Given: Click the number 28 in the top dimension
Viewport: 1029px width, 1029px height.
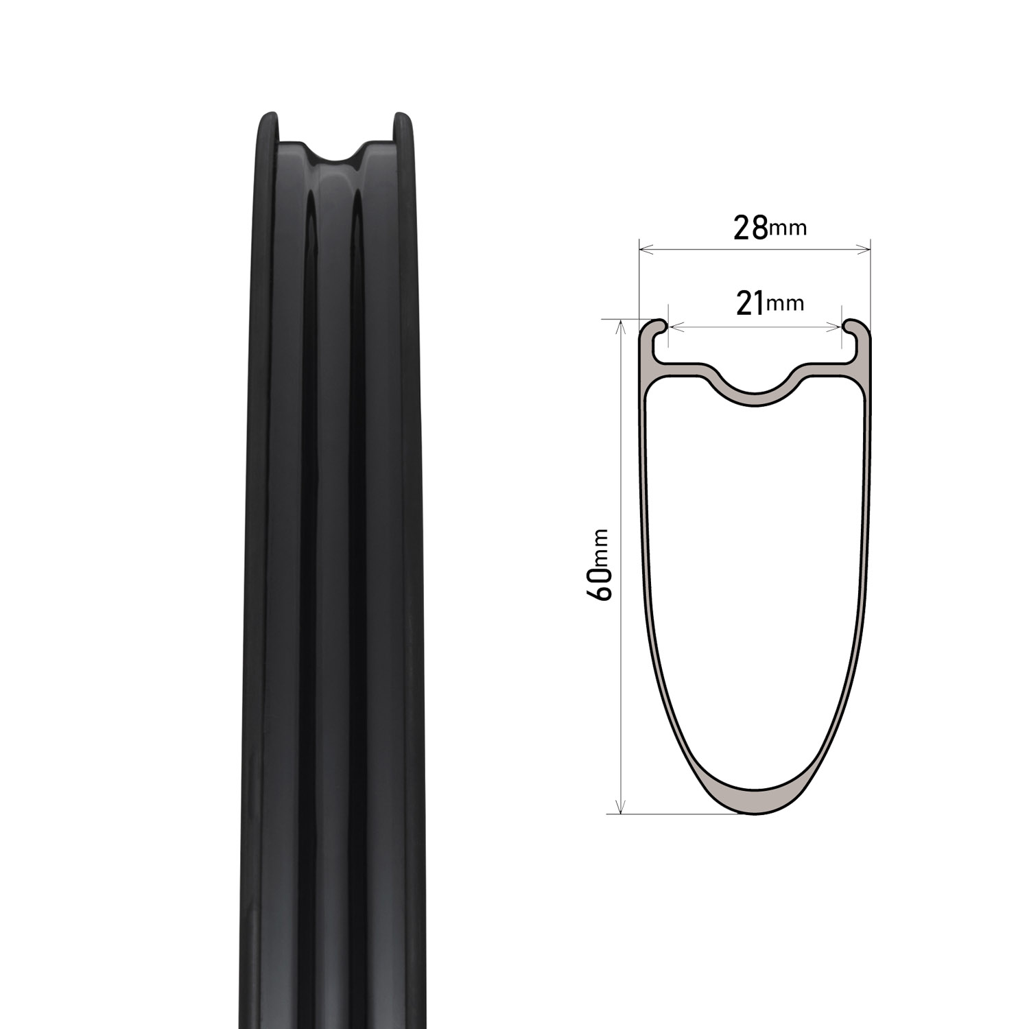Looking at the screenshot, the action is pyautogui.click(x=750, y=228).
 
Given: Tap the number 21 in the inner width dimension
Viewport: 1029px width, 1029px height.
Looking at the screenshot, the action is pyautogui.click(x=750, y=303).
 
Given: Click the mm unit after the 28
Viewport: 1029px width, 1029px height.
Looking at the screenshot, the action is pyautogui.click(x=788, y=228).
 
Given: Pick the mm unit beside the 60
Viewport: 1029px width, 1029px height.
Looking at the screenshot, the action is pyautogui.click(x=602, y=547).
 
